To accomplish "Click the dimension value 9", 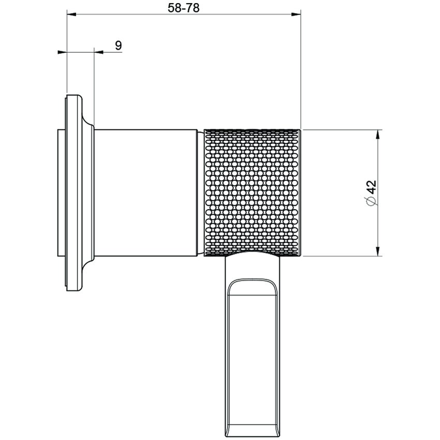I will pos(118,46).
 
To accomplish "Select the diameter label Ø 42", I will pos(371,193).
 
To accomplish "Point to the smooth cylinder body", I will pos(146,192).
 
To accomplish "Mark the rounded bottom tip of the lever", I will pos(252,433).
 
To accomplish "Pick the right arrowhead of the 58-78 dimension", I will pos(297,14).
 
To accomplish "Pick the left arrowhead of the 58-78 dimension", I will pos(71,14).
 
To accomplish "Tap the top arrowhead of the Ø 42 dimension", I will pos(378,134).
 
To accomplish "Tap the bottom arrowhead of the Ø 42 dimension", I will pos(378,252).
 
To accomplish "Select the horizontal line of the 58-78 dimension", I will pos(184,14).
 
